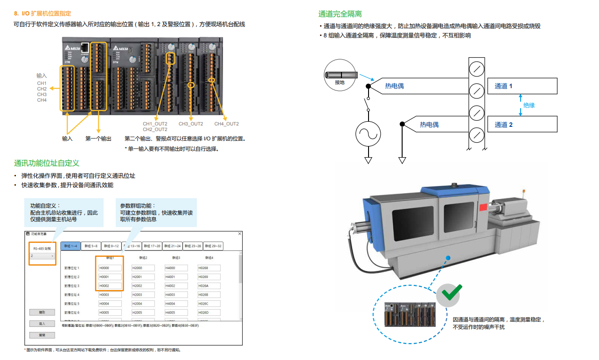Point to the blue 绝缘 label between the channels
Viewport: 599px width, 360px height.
click(529, 105)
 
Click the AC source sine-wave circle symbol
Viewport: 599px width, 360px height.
click(368, 134)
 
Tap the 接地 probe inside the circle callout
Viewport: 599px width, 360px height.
click(341, 75)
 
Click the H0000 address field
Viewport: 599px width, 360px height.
click(110, 268)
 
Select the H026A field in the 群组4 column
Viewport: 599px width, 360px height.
click(209, 286)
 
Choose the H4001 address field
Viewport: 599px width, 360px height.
click(176, 277)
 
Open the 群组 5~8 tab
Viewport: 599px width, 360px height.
click(91, 246)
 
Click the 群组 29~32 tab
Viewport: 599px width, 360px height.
click(214, 246)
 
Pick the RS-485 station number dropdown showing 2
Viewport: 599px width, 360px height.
click(42, 256)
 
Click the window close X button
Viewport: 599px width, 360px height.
click(240, 234)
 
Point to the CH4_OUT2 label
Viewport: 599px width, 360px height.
click(226, 124)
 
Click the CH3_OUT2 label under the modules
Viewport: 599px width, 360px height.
click(191, 124)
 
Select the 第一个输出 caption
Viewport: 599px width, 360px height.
click(98, 138)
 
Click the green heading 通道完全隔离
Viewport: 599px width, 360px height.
click(340, 14)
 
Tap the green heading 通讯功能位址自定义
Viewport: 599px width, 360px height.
click(47, 163)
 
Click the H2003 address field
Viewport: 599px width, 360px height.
click(143, 295)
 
